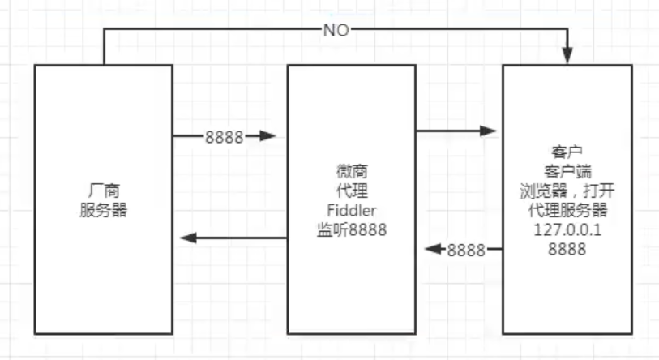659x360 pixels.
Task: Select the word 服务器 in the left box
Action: tap(104, 210)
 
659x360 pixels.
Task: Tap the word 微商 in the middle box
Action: tap(351, 172)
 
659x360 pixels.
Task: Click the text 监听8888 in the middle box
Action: tap(351, 230)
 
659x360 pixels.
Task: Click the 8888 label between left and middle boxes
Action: tap(225, 137)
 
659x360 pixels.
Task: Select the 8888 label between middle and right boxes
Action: tap(466, 250)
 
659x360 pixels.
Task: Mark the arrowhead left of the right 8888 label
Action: tap(434, 250)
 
